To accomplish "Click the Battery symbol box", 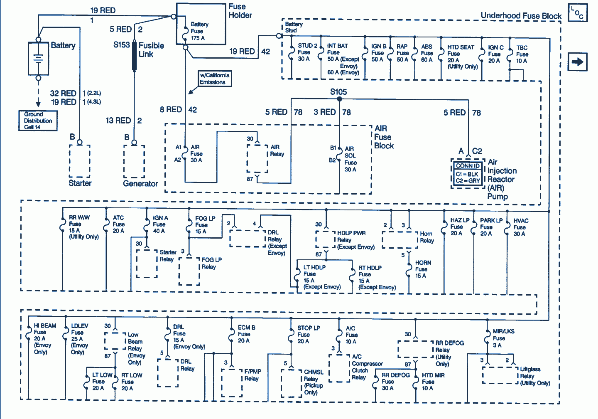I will click(38, 58).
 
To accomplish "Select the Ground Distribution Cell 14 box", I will click(38, 121).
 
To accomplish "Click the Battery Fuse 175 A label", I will click(199, 31).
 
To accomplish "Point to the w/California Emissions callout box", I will click(215, 79).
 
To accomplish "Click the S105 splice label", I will click(338, 92).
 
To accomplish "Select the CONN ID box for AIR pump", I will click(468, 174).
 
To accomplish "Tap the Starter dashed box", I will click(80, 161).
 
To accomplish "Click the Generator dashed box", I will click(134, 161).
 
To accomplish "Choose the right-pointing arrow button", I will click(577, 62).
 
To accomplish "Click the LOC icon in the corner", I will click(578, 12).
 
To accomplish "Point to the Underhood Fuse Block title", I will click(521, 16).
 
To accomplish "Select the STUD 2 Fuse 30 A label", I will click(307, 52).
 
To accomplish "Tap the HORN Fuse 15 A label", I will click(423, 269).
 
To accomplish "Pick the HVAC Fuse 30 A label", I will click(520, 227).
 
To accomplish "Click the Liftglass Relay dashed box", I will click(500, 375).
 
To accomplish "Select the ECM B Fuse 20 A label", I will click(246, 334).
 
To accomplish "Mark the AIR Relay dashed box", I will click(257, 158).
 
